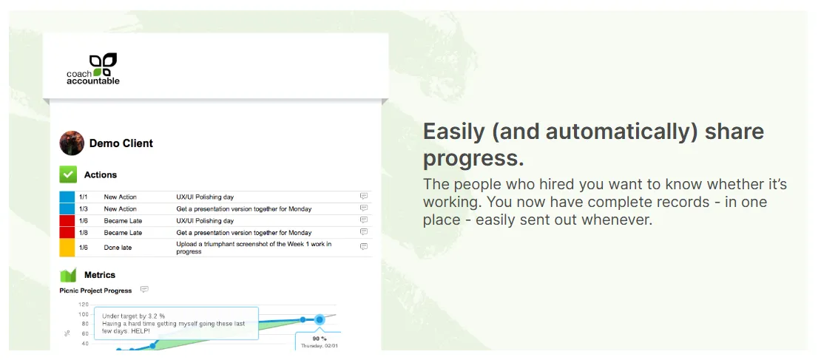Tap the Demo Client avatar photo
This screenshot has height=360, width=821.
pyautogui.click(x=72, y=143)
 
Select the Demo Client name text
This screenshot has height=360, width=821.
pyautogui.click(x=121, y=143)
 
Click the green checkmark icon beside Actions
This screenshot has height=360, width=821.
pyautogui.click(x=68, y=174)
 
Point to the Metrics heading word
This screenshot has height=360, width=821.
pyautogui.click(x=100, y=275)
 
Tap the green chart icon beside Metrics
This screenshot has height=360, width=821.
pyautogui.click(x=68, y=275)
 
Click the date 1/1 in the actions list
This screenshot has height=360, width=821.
pyautogui.click(x=84, y=197)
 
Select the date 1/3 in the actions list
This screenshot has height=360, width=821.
pyautogui.click(x=84, y=209)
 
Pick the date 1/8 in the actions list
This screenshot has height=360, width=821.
pyautogui.click(x=84, y=232)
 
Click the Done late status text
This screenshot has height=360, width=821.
pyautogui.click(x=118, y=248)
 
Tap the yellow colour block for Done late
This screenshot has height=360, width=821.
pyautogui.click(x=67, y=248)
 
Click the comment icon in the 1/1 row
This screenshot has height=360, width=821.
pyautogui.click(x=364, y=197)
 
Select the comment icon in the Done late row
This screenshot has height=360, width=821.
pyautogui.click(x=364, y=247)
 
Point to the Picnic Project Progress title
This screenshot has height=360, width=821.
pyautogui.click(x=95, y=291)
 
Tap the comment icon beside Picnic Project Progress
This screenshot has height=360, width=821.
pyautogui.click(x=144, y=290)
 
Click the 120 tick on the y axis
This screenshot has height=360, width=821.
pyautogui.click(x=84, y=305)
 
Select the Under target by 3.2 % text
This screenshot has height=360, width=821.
pyautogui.click(x=134, y=316)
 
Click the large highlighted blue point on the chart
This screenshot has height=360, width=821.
pyautogui.click(x=319, y=319)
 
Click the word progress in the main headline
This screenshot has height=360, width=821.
pyautogui.click(x=473, y=157)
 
